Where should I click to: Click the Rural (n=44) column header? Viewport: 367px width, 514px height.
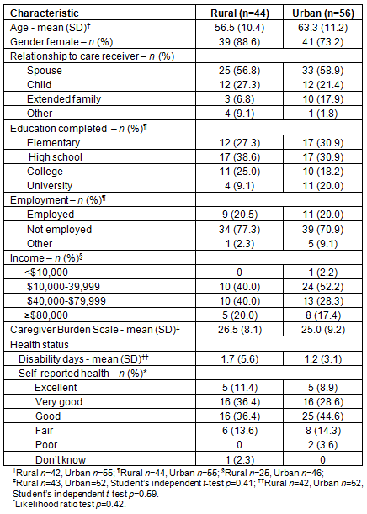[x=240, y=13]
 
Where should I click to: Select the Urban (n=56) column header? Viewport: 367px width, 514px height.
[x=323, y=13]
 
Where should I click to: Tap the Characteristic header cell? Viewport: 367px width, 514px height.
[x=45, y=13]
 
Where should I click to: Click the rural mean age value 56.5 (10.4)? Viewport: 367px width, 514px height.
[x=240, y=28]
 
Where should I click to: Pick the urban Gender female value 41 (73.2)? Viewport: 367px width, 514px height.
[x=323, y=42]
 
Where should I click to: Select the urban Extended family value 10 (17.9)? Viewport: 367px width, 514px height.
[x=323, y=99]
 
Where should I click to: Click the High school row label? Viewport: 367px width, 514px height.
[x=56, y=157]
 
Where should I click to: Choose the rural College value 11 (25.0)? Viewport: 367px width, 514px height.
[x=240, y=172]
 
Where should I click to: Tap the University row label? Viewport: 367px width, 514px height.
[x=50, y=186]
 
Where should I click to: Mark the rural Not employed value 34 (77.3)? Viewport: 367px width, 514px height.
[x=240, y=230]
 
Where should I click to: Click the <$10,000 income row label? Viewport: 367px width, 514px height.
[x=46, y=273]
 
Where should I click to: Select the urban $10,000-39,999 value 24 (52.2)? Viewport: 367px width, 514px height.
[x=323, y=287]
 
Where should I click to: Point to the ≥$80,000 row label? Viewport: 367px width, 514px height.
[x=46, y=315]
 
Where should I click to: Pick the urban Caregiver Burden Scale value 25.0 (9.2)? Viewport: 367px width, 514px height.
[x=323, y=330]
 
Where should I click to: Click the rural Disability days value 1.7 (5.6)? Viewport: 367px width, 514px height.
[x=240, y=359]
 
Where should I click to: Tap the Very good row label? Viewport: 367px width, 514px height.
[x=59, y=402]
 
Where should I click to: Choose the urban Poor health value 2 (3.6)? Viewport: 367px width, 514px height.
[x=323, y=445]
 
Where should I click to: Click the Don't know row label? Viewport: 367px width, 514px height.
[x=61, y=460]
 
